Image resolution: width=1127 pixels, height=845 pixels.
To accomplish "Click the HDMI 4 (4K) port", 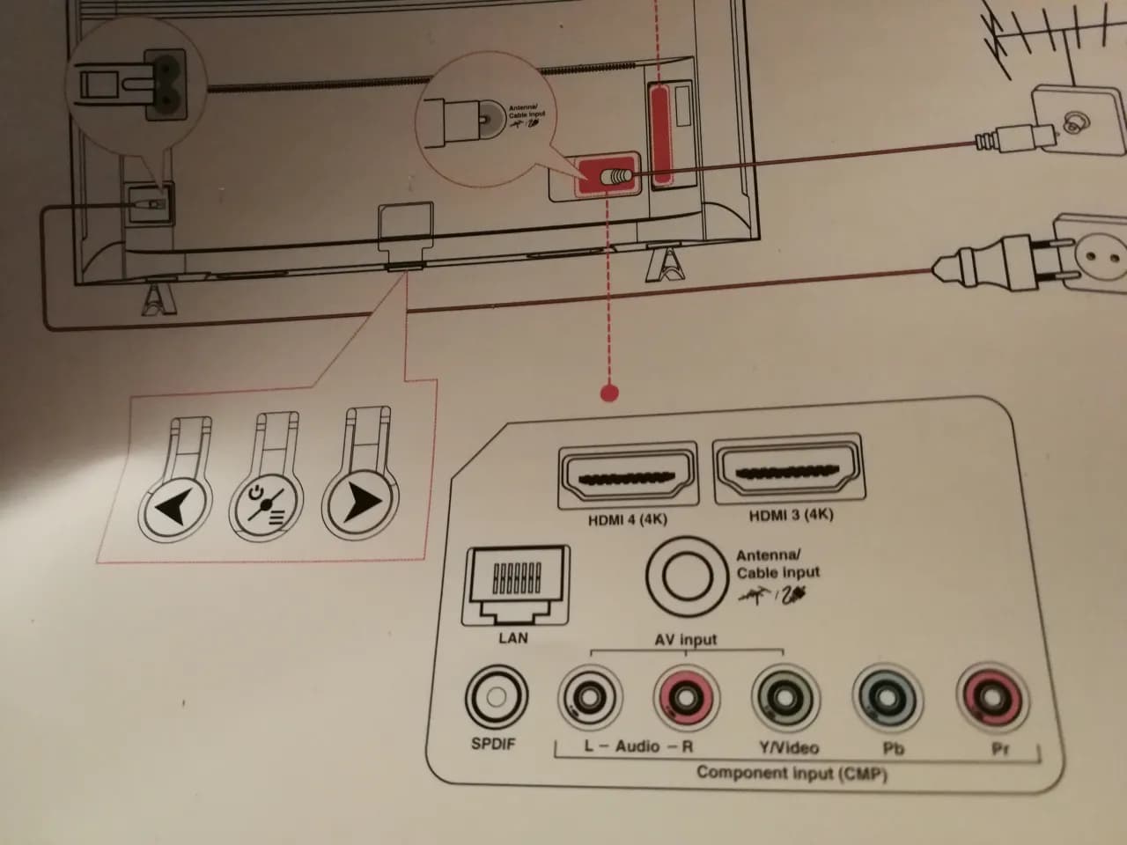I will [x=627, y=475].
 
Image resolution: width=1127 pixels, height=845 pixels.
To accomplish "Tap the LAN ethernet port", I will [x=516, y=584].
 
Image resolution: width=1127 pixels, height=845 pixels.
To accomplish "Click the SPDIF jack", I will [x=496, y=698].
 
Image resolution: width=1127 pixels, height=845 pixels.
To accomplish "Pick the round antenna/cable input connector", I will [x=678, y=576].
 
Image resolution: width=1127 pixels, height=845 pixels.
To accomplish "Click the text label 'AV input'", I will [x=685, y=640].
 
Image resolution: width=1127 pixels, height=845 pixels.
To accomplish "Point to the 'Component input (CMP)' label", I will [x=791, y=774].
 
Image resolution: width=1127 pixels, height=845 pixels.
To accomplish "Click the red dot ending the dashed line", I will [x=608, y=393].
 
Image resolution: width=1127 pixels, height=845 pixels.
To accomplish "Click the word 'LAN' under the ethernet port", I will [x=512, y=637].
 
